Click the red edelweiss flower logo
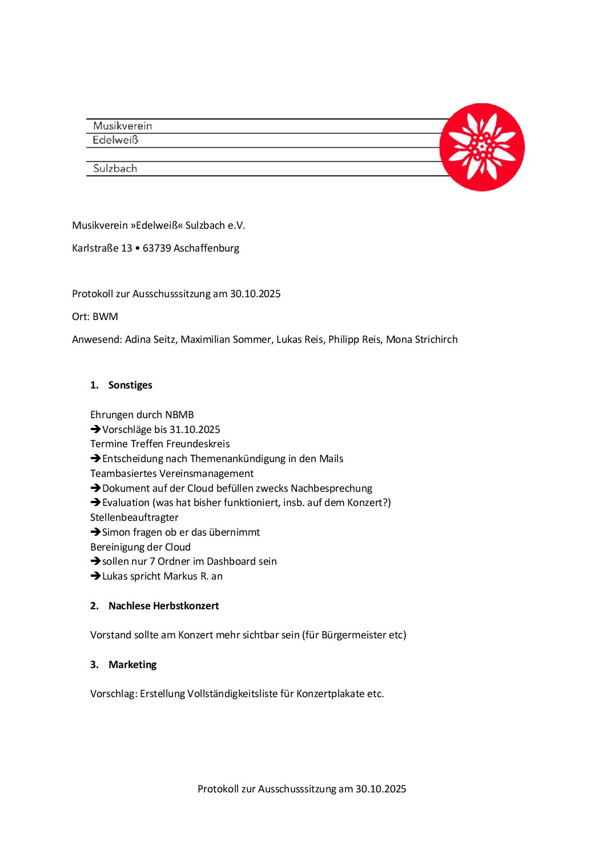pyautogui.click(x=482, y=147)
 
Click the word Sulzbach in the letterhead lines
pyautogui.click(x=115, y=168)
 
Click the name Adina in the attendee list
pyautogui.click(x=138, y=339)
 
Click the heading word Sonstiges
pyautogui.click(x=130, y=385)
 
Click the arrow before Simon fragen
pyautogui.click(x=95, y=532)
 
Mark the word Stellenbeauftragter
pyautogui.click(x=134, y=517)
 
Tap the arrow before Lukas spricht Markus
pyautogui.click(x=95, y=576)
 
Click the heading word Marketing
pyautogui.click(x=132, y=665)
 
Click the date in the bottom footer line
pyautogui.click(x=381, y=789)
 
